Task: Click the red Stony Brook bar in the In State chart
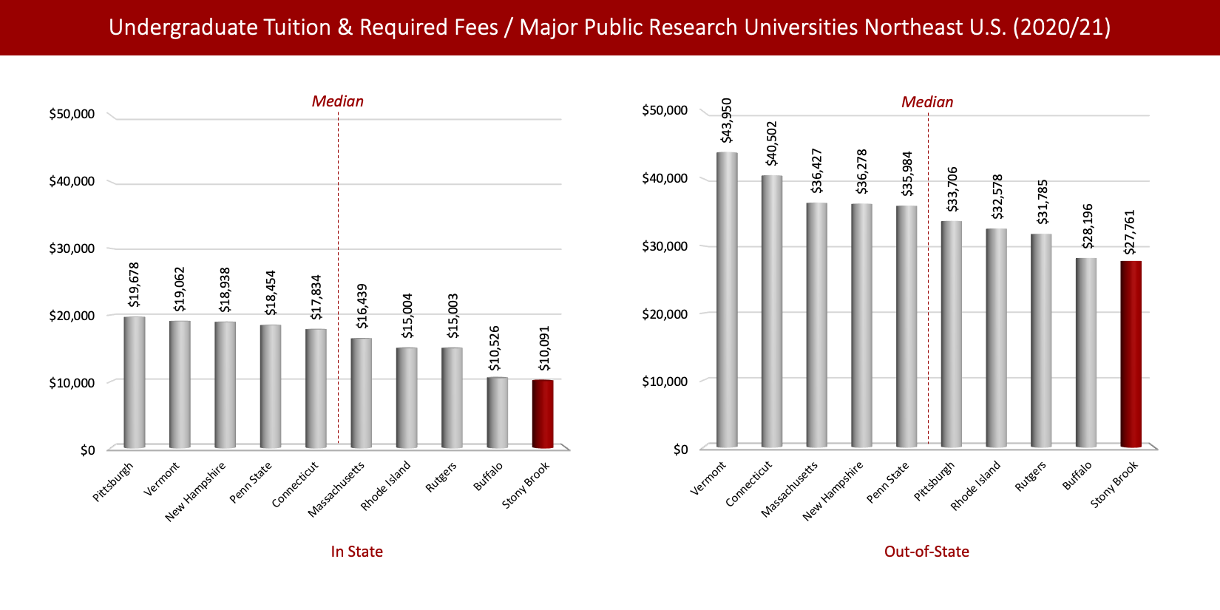pyautogui.click(x=543, y=414)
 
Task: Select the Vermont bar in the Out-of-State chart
pyautogui.click(x=727, y=299)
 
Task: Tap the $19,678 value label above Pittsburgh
pyautogui.click(x=134, y=285)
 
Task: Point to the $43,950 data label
pyautogui.click(x=727, y=121)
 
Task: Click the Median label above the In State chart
pyautogui.click(x=337, y=101)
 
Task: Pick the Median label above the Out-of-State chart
pyautogui.click(x=926, y=102)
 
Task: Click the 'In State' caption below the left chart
pyautogui.click(x=356, y=552)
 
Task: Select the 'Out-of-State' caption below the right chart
pyautogui.click(x=926, y=552)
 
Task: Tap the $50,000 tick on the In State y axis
pyautogui.click(x=72, y=114)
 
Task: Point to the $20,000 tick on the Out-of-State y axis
pyautogui.click(x=665, y=314)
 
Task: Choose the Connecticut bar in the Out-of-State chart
pyautogui.click(x=772, y=311)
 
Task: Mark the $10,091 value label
pyautogui.click(x=544, y=348)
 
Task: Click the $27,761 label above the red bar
pyautogui.click(x=1129, y=232)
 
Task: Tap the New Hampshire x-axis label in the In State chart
pyautogui.click(x=196, y=491)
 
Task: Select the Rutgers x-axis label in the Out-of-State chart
pyautogui.click(x=1030, y=476)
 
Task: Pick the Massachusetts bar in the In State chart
pyautogui.click(x=361, y=393)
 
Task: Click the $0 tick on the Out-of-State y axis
pyautogui.click(x=680, y=450)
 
